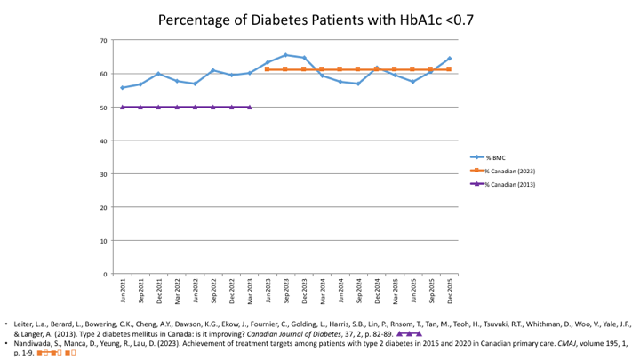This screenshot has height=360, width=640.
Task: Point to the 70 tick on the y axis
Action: (x=104, y=41)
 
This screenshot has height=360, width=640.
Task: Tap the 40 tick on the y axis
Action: (x=104, y=140)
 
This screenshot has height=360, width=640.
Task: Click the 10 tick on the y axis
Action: (x=104, y=241)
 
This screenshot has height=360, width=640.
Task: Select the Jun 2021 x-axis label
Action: (x=123, y=286)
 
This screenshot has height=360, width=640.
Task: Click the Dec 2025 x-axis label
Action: (x=449, y=286)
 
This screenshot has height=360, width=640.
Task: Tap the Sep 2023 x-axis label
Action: (x=285, y=286)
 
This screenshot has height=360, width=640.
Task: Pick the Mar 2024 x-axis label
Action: (x=322, y=286)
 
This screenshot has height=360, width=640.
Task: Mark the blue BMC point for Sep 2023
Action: (x=285, y=55)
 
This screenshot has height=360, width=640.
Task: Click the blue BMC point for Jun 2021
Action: (x=123, y=87)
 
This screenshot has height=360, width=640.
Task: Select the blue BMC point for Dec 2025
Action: (x=449, y=59)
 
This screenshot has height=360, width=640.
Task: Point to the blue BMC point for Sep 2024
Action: (x=358, y=84)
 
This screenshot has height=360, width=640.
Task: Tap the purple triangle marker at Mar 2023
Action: (x=249, y=107)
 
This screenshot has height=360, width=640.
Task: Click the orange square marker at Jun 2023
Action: (x=268, y=69)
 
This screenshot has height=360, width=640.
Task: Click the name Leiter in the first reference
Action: (x=26, y=324)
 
